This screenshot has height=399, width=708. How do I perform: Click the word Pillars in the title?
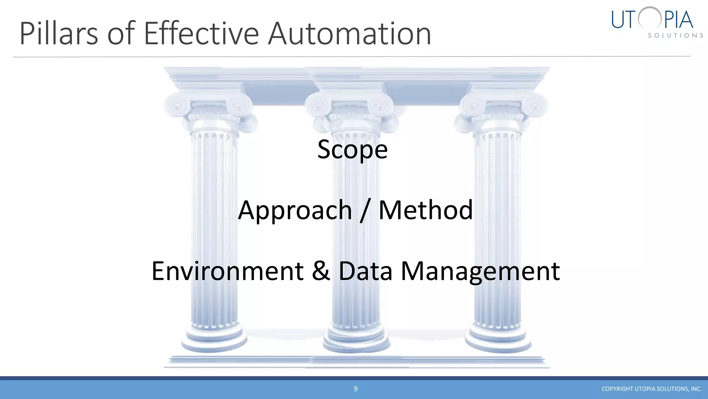pyautogui.click(x=59, y=34)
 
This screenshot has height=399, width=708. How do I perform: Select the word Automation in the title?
pyautogui.click(x=349, y=34)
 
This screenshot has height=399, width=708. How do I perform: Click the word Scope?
pyautogui.click(x=352, y=150)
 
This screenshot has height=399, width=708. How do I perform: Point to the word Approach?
pyautogui.click(x=295, y=211)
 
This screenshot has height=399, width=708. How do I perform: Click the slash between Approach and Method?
pyautogui.click(x=365, y=211)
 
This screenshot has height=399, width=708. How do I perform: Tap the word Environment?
pyautogui.click(x=227, y=271)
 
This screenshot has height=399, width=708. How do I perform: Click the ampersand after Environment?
pyautogui.click(x=321, y=271)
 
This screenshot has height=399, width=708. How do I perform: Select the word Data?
pyautogui.click(x=365, y=271)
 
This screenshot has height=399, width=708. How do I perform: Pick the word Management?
pyautogui.click(x=480, y=272)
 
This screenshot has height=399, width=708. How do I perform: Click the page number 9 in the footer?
pyautogui.click(x=355, y=389)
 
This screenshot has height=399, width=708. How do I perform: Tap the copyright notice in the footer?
pyautogui.click(x=651, y=389)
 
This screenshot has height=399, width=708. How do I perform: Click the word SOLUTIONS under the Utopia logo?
pyautogui.click(x=675, y=36)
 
